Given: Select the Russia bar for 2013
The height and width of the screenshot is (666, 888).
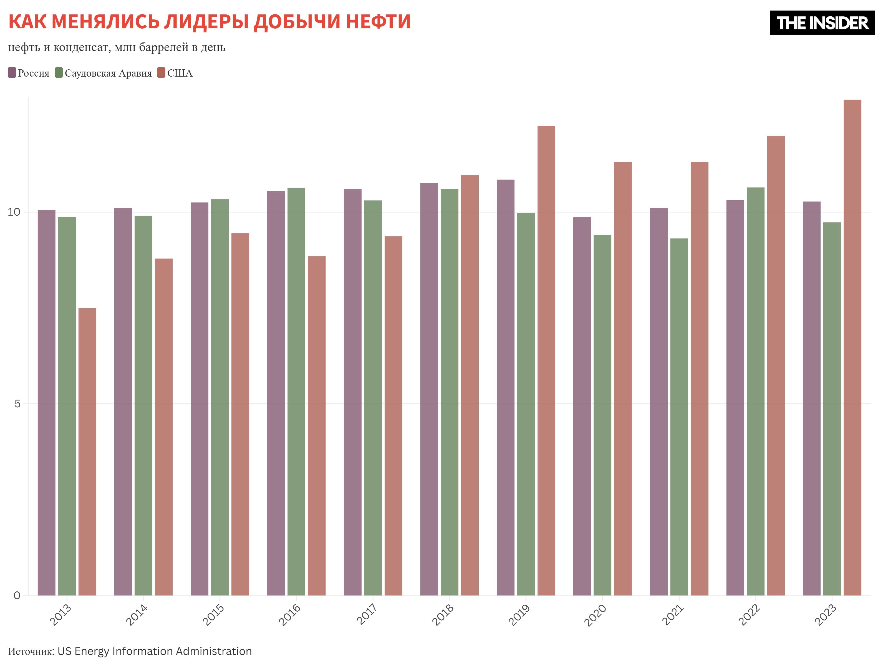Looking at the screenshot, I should (47, 403).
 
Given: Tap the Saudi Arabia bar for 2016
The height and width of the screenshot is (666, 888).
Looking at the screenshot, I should (296, 391).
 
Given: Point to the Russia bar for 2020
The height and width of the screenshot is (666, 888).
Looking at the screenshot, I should (582, 406).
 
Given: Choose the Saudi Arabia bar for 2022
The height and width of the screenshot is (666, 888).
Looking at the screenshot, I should (756, 391).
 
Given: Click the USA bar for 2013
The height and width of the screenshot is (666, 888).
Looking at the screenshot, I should (87, 451).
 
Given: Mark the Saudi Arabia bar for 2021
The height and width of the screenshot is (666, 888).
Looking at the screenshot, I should (679, 417).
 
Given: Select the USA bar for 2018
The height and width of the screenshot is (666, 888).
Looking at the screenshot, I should (470, 385).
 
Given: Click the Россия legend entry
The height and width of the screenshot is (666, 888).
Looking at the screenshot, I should (29, 73).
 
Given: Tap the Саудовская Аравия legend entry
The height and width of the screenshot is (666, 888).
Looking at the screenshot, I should (104, 73).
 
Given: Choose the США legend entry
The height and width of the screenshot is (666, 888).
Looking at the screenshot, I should (175, 73).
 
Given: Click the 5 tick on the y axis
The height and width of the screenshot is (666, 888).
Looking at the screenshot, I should (17, 404).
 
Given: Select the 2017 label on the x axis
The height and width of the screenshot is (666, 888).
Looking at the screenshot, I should (367, 614).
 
